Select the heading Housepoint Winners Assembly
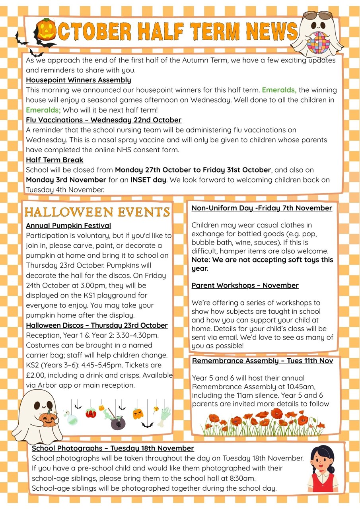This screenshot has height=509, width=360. point(78,80)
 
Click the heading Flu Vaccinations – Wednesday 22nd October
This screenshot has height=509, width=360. point(103,120)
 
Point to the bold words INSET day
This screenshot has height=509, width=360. point(148,180)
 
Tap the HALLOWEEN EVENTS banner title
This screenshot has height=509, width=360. point(97,212)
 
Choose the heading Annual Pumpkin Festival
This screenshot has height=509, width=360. point(68,226)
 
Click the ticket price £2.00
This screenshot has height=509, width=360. point(35,375)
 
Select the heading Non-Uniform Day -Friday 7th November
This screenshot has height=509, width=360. point(262,208)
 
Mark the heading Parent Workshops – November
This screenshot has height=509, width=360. point(245,286)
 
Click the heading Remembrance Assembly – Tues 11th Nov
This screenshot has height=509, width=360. point(263,361)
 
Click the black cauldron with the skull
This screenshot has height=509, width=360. point(118,423)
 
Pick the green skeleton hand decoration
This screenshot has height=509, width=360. point(164,416)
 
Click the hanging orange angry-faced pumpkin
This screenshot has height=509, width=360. point(138,414)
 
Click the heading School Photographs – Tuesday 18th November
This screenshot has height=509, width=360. point(113,448)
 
